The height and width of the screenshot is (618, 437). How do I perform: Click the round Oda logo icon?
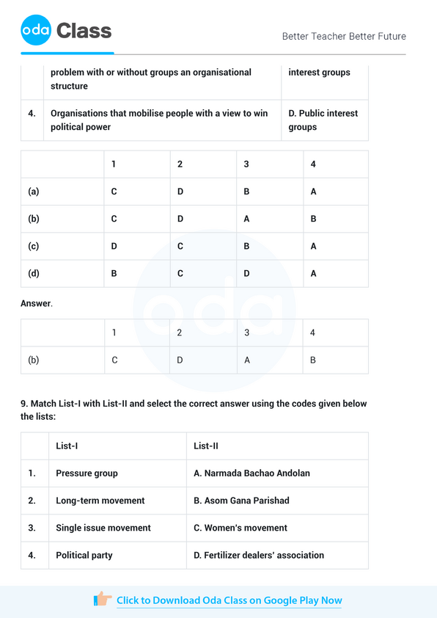click(36, 30)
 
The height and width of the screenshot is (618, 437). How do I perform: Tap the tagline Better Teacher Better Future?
click(343, 36)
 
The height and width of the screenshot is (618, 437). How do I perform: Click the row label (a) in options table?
click(34, 192)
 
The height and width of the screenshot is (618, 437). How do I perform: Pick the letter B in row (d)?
click(114, 274)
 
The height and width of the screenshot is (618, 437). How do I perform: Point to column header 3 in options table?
click(246, 164)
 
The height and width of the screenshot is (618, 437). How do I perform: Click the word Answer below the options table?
click(36, 303)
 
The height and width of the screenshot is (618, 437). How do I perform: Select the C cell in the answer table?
click(114, 360)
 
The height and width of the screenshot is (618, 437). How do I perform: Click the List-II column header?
click(206, 446)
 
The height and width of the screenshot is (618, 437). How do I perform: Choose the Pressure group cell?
click(87, 473)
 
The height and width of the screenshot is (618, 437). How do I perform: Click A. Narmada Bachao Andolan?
click(251, 473)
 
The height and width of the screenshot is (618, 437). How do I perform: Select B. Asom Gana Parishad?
click(241, 501)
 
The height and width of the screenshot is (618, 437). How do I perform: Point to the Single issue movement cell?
click(103, 528)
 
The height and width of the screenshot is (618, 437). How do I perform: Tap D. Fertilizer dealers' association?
click(259, 555)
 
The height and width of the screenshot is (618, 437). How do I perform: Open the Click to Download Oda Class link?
click(229, 600)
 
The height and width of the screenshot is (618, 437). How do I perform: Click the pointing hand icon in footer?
click(103, 600)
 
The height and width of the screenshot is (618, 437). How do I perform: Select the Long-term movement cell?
click(100, 501)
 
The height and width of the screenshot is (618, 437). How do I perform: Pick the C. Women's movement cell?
click(240, 528)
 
